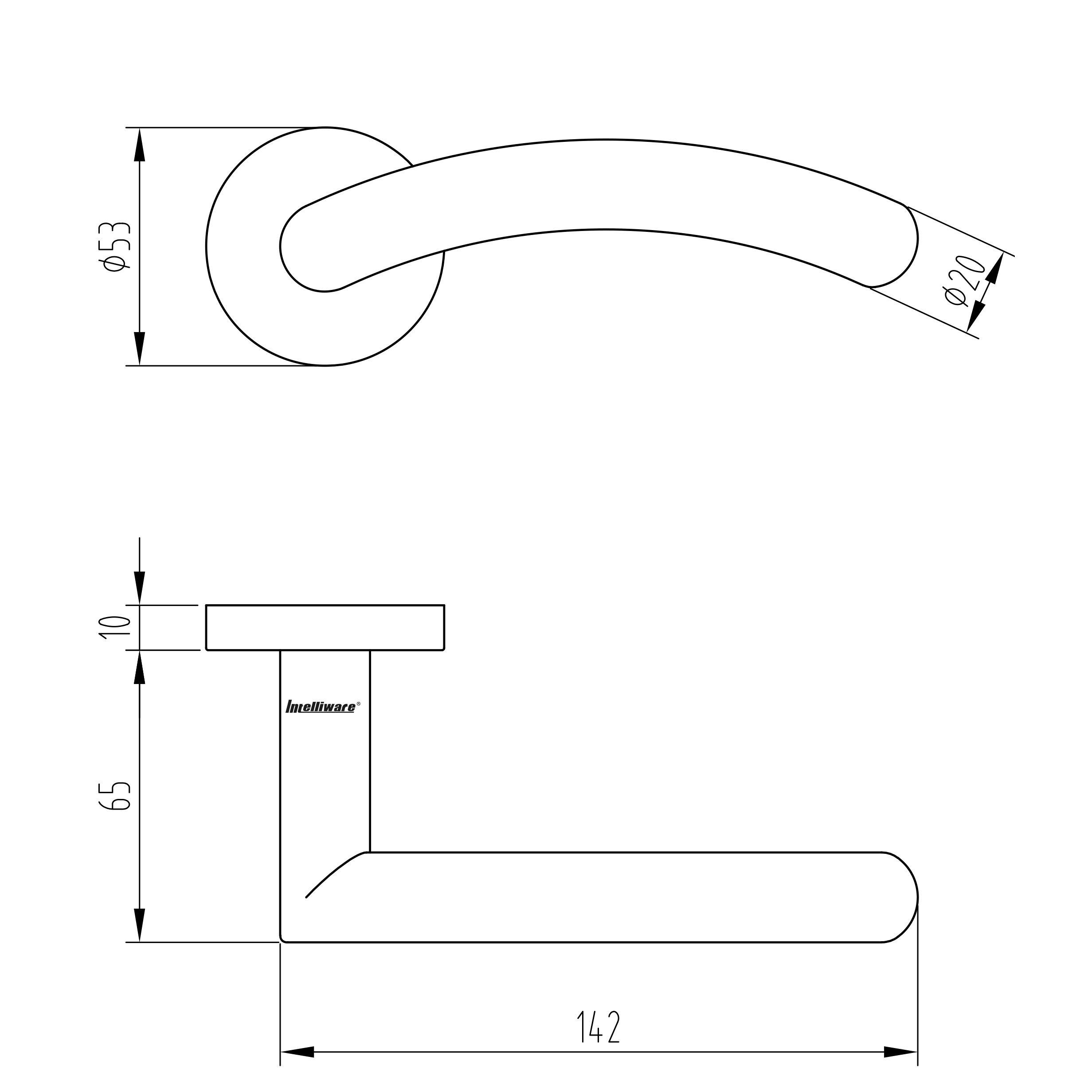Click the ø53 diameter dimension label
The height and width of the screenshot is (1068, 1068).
(x=114, y=246)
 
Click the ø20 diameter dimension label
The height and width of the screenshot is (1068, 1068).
(x=964, y=280)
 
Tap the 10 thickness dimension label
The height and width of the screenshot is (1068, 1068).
(x=114, y=627)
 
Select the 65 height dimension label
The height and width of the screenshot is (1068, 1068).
(x=114, y=797)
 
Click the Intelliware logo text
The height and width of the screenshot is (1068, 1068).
(x=321, y=707)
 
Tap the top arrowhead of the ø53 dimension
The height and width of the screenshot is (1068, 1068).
(x=139, y=144)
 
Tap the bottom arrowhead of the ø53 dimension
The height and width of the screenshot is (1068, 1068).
(x=139, y=349)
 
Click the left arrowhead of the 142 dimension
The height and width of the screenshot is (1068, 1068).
(x=297, y=1052)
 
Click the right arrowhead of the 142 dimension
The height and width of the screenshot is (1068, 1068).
(x=900, y=1052)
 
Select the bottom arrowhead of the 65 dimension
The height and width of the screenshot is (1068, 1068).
(x=139, y=925)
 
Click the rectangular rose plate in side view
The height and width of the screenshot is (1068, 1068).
(x=325, y=627)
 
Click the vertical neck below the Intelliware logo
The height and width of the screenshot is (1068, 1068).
(x=325, y=785)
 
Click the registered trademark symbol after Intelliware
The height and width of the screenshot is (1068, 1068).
(x=358, y=704)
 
